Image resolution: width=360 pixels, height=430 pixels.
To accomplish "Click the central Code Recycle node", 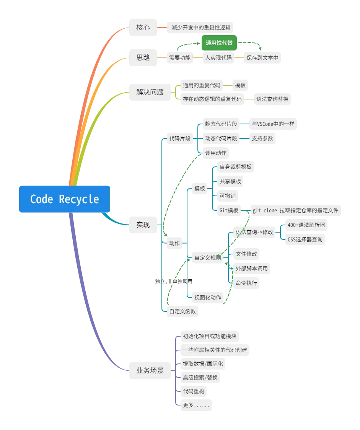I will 64,199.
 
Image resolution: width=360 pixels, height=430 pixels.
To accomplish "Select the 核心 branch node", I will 143,28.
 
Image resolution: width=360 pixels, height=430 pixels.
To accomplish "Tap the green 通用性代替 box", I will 219,43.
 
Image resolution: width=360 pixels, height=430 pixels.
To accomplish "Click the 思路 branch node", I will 143,58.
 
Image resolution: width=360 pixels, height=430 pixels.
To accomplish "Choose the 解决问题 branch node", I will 150,92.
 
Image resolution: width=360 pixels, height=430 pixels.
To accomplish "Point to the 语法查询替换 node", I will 272,99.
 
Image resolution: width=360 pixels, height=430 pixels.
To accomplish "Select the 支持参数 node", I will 262,138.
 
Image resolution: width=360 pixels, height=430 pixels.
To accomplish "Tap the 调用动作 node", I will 216,153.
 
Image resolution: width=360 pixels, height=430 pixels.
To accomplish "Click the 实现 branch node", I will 143,225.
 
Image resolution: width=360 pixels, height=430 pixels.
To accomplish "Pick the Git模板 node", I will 229,210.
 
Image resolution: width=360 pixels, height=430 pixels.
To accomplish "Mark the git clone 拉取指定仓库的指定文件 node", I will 295,210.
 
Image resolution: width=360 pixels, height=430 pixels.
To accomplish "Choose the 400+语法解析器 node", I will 306,225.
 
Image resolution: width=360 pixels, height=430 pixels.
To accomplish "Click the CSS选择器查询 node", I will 305,239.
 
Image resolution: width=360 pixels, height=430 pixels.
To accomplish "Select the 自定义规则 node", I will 208,258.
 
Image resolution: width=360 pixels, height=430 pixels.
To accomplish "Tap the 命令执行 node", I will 246,283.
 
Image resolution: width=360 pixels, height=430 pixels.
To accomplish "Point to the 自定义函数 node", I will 182,311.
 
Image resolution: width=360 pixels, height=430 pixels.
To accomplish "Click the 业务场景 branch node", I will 150,370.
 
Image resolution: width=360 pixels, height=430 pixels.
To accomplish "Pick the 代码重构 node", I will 194,391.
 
